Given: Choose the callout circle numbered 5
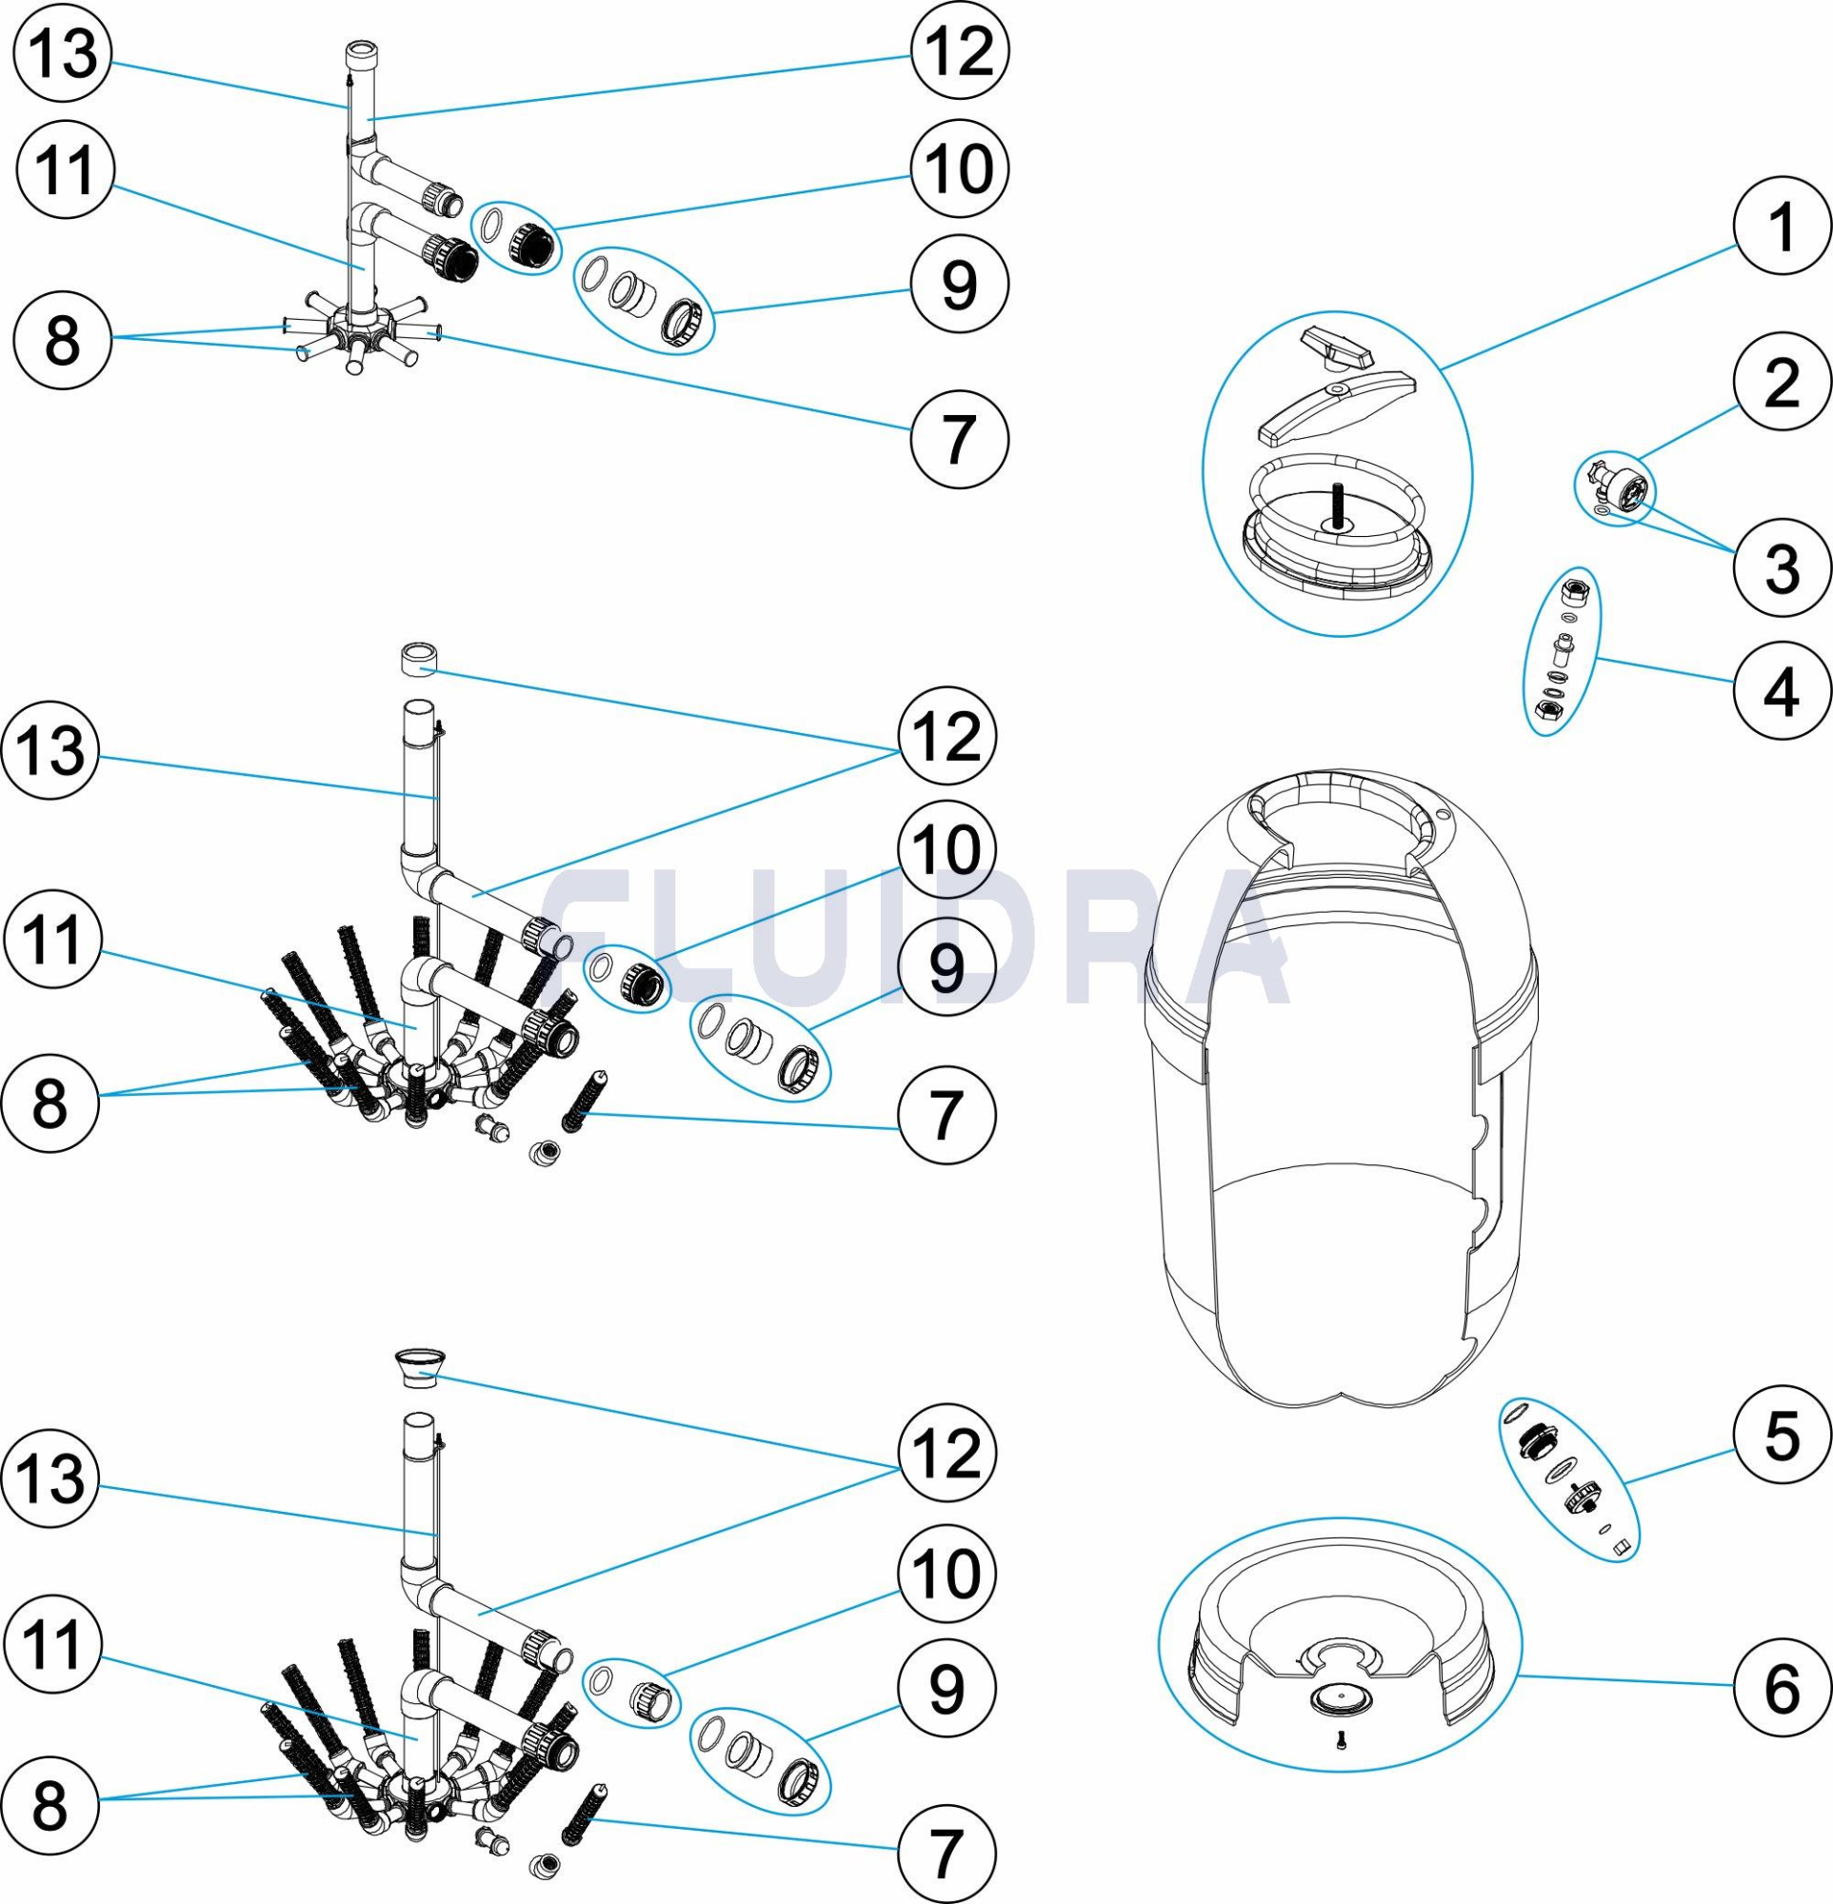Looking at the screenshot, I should click(x=1782, y=1436).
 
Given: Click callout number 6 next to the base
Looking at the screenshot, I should click(x=1782, y=1687).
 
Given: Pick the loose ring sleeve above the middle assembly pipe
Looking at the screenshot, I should click(x=417, y=661).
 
